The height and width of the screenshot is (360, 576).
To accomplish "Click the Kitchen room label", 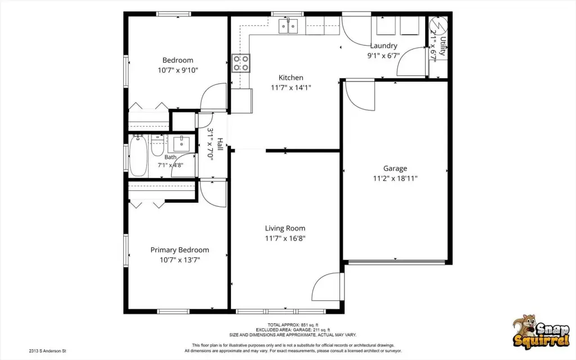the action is tap(291, 78).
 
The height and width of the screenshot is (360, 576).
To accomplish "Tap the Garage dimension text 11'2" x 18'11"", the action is tap(395, 179).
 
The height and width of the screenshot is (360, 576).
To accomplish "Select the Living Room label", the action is tap(285, 228).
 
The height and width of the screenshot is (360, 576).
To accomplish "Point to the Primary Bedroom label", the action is tap(180, 250).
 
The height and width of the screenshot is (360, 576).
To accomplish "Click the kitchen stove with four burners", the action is tap(240, 63).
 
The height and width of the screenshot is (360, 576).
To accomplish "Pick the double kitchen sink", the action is tap(288, 26).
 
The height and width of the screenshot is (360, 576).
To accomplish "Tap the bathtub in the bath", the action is tap(139, 155).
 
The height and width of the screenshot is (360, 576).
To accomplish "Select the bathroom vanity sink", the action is tap(181, 144).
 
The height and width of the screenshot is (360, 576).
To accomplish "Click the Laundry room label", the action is tap(383, 46).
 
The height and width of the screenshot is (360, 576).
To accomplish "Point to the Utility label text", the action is tap(443, 46).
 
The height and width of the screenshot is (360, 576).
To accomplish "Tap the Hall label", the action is tap(220, 144).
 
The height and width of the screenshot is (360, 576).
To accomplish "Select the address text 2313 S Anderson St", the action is tap(47, 351).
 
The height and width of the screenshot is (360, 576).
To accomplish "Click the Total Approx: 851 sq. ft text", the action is tap(293, 325).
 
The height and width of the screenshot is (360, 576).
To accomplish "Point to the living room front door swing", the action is tap(325, 287).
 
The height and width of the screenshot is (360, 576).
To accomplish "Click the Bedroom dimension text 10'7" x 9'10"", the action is tap(178, 70).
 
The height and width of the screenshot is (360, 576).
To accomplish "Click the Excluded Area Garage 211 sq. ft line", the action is tap(293, 330).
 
